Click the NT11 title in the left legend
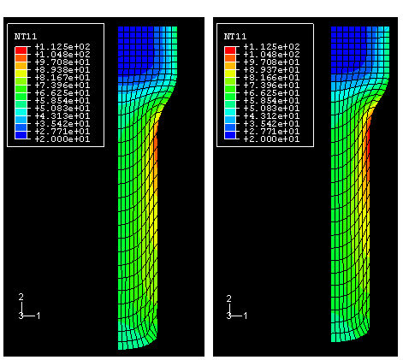coord(26,36)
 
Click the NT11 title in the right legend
coord(235,36)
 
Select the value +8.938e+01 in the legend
coord(62,70)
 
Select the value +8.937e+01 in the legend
coord(272,70)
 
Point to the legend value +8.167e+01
coord(62,78)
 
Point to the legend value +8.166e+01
coord(272,78)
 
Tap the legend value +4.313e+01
coord(62,116)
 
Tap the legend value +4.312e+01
coord(272,116)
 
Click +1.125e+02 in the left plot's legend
coord(62,46)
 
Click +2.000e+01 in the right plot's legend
coord(272,139)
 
